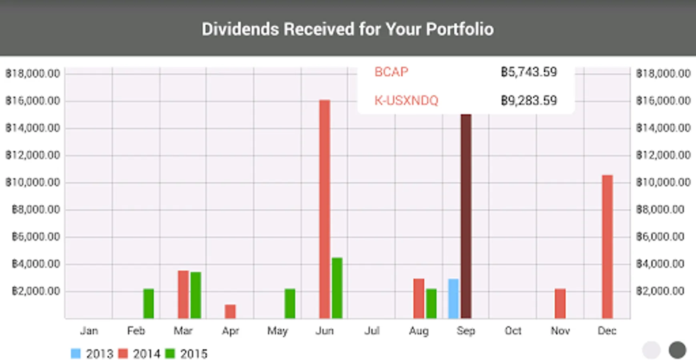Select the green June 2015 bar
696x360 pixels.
[x=337, y=288]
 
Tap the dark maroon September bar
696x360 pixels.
[x=466, y=216]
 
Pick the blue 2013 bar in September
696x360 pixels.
[x=453, y=298]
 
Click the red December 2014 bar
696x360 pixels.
[x=607, y=246]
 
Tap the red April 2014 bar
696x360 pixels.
[x=230, y=311]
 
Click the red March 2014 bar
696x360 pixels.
[x=183, y=294]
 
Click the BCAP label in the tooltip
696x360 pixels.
[x=391, y=72]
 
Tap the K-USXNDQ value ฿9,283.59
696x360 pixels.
[x=529, y=100]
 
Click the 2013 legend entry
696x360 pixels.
[x=92, y=354]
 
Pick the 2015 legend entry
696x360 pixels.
[x=187, y=354]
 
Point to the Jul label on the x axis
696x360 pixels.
[x=372, y=331]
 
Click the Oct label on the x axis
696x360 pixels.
[x=513, y=331]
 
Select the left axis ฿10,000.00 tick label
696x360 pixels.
[x=32, y=182]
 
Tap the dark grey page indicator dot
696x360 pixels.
[x=677, y=350]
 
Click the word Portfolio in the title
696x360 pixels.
[x=459, y=29]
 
